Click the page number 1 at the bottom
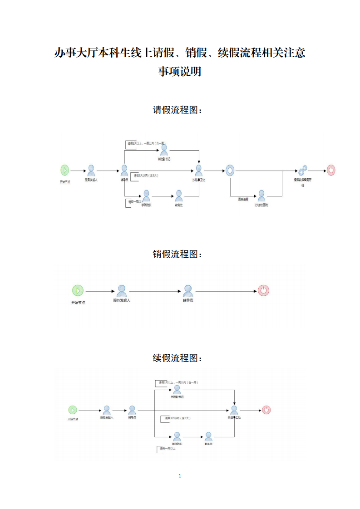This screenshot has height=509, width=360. (180, 476)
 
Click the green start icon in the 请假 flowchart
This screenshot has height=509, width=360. (65, 171)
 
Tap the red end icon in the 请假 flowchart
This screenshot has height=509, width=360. (331, 171)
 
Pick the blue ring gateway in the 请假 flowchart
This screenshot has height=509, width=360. (230, 171)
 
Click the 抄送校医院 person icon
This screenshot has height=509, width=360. (261, 196)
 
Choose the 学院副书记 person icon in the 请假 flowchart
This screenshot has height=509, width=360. (164, 150)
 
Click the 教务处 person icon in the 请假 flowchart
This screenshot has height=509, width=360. (179, 196)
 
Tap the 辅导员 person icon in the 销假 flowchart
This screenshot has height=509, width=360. (188, 290)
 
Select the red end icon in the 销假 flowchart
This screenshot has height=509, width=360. (263, 290)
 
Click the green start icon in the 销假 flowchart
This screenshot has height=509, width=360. (78, 290)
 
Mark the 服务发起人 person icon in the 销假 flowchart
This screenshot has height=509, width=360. (122, 290)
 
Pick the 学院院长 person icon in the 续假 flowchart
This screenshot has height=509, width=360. (177, 436)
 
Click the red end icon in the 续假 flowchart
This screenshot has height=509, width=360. (266, 410)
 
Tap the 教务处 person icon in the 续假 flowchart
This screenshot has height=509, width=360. (208, 436)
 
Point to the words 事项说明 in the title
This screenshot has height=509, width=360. (179, 72)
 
